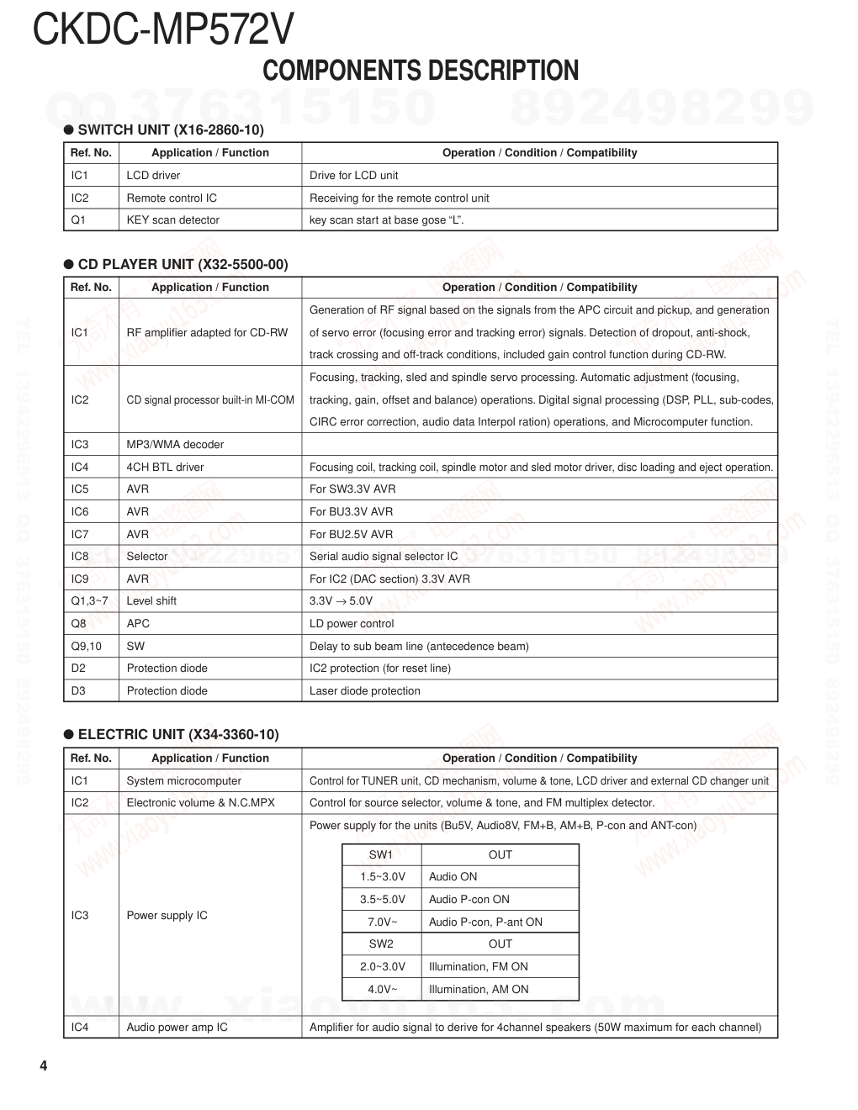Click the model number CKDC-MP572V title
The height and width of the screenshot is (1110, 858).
coord(163,30)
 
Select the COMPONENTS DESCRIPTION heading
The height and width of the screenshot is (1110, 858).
coord(421,71)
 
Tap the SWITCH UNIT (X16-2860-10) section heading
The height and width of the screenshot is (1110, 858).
coord(171,129)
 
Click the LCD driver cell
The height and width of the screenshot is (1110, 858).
coord(153,175)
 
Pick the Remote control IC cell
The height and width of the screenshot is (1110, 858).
coord(172,198)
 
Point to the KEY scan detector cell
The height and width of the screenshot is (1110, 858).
coord(172,219)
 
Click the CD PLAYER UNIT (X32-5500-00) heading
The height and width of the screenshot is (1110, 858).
coord(183,264)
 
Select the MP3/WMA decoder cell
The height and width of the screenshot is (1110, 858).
coord(175,444)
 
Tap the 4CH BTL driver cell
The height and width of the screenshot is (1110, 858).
coord(165,467)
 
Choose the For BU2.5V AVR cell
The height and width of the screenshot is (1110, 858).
coord(351,534)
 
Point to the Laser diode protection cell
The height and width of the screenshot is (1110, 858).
coord(364,690)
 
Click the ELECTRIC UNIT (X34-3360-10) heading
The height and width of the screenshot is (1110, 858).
coord(178,734)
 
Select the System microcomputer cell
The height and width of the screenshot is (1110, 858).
coord(183,780)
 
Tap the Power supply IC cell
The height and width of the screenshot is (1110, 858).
coord(167,915)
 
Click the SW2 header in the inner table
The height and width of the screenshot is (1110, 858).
coord(381,943)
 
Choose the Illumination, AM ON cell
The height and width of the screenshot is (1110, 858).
coord(479,989)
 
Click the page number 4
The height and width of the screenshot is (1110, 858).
coord(44,1066)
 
